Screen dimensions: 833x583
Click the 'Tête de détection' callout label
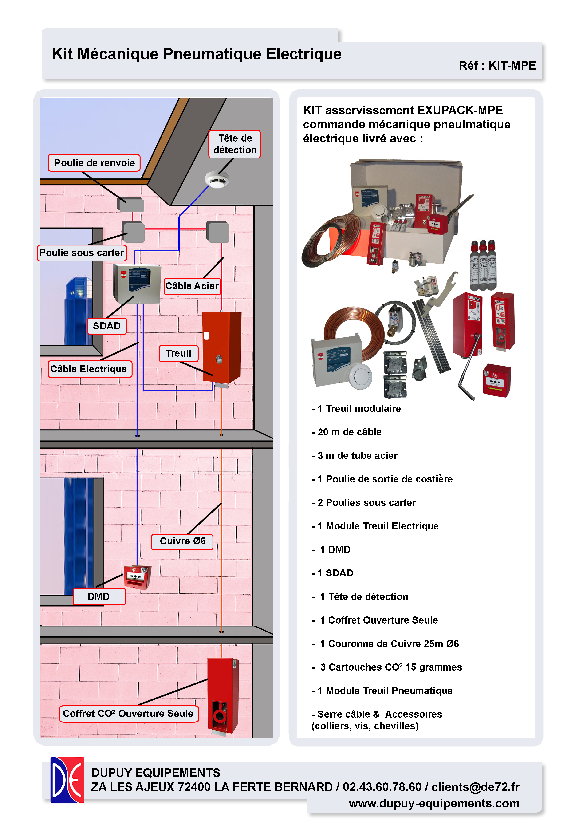point(234,144)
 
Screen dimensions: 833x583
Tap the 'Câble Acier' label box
point(192,286)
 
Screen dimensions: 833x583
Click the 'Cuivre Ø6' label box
point(182,541)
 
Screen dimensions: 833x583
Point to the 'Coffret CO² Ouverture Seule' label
point(128,714)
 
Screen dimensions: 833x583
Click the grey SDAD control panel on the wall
point(137,283)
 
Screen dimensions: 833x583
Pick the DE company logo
point(67,780)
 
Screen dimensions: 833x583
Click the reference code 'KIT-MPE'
point(512,66)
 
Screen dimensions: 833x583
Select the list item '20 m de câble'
point(349,432)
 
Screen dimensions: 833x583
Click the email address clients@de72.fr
point(475,787)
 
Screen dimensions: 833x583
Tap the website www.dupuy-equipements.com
point(434,803)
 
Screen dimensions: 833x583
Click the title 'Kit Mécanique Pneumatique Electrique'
point(197,54)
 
